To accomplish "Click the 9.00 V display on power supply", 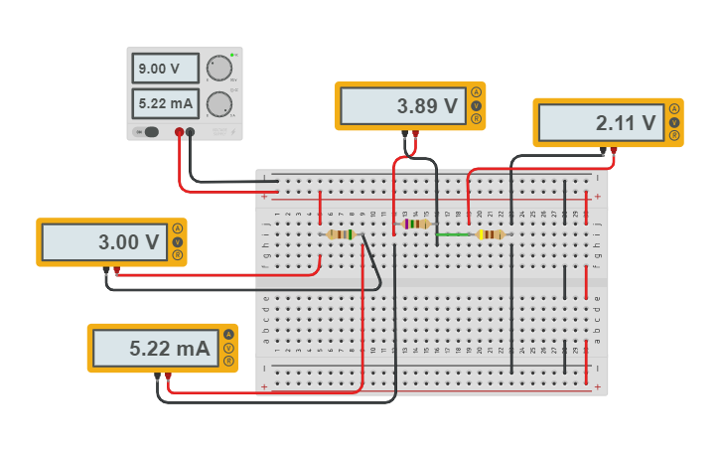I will (x=166, y=69).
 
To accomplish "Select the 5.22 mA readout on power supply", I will (x=166, y=103).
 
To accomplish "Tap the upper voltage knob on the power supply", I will (x=218, y=68).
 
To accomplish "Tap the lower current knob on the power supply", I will (x=218, y=103).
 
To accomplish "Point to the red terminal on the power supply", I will (x=180, y=131).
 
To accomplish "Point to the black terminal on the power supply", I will (x=192, y=131).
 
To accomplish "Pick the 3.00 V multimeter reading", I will (x=103, y=242).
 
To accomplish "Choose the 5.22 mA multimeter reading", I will (x=154, y=349).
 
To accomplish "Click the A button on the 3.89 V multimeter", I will (x=477, y=92).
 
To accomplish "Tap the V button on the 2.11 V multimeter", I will (x=674, y=122).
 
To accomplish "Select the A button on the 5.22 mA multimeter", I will (x=228, y=335).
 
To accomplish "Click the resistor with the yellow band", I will (x=491, y=235).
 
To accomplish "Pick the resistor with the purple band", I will (x=415, y=225).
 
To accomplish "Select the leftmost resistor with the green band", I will (x=341, y=235).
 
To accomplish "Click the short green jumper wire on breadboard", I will (x=454, y=235).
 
